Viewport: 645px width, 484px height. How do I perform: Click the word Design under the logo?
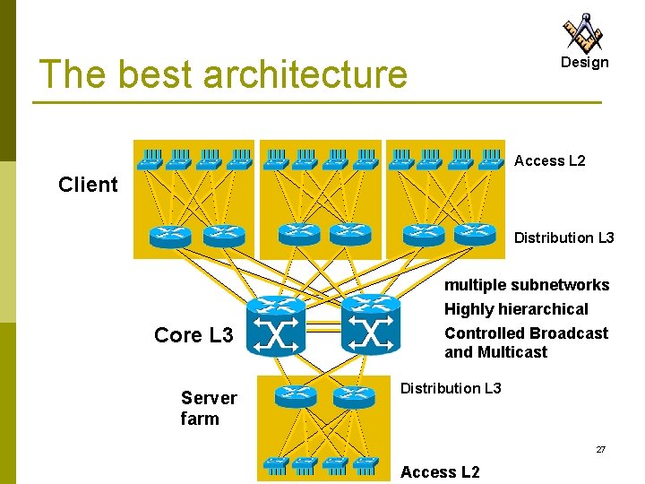[584, 63]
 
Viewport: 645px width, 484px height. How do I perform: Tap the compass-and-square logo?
[583, 32]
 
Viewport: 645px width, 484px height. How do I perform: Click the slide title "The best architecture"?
[223, 74]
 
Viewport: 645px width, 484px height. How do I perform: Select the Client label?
[88, 185]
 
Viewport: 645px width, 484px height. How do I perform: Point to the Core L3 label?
[193, 335]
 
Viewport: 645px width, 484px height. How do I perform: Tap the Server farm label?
[209, 408]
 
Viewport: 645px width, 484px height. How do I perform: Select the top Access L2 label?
[550, 160]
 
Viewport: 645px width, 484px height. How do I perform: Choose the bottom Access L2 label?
[440, 472]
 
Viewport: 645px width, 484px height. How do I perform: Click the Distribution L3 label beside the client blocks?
[564, 238]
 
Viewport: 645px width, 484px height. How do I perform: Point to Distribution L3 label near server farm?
[451, 388]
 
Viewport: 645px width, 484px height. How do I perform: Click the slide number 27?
[601, 449]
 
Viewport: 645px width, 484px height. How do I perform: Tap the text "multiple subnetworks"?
[527, 285]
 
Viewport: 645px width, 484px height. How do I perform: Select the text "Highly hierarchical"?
[516, 309]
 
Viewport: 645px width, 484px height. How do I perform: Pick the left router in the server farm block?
[296, 394]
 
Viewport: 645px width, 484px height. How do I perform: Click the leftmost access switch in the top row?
[150, 160]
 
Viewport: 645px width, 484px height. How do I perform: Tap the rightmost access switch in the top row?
[491, 160]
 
